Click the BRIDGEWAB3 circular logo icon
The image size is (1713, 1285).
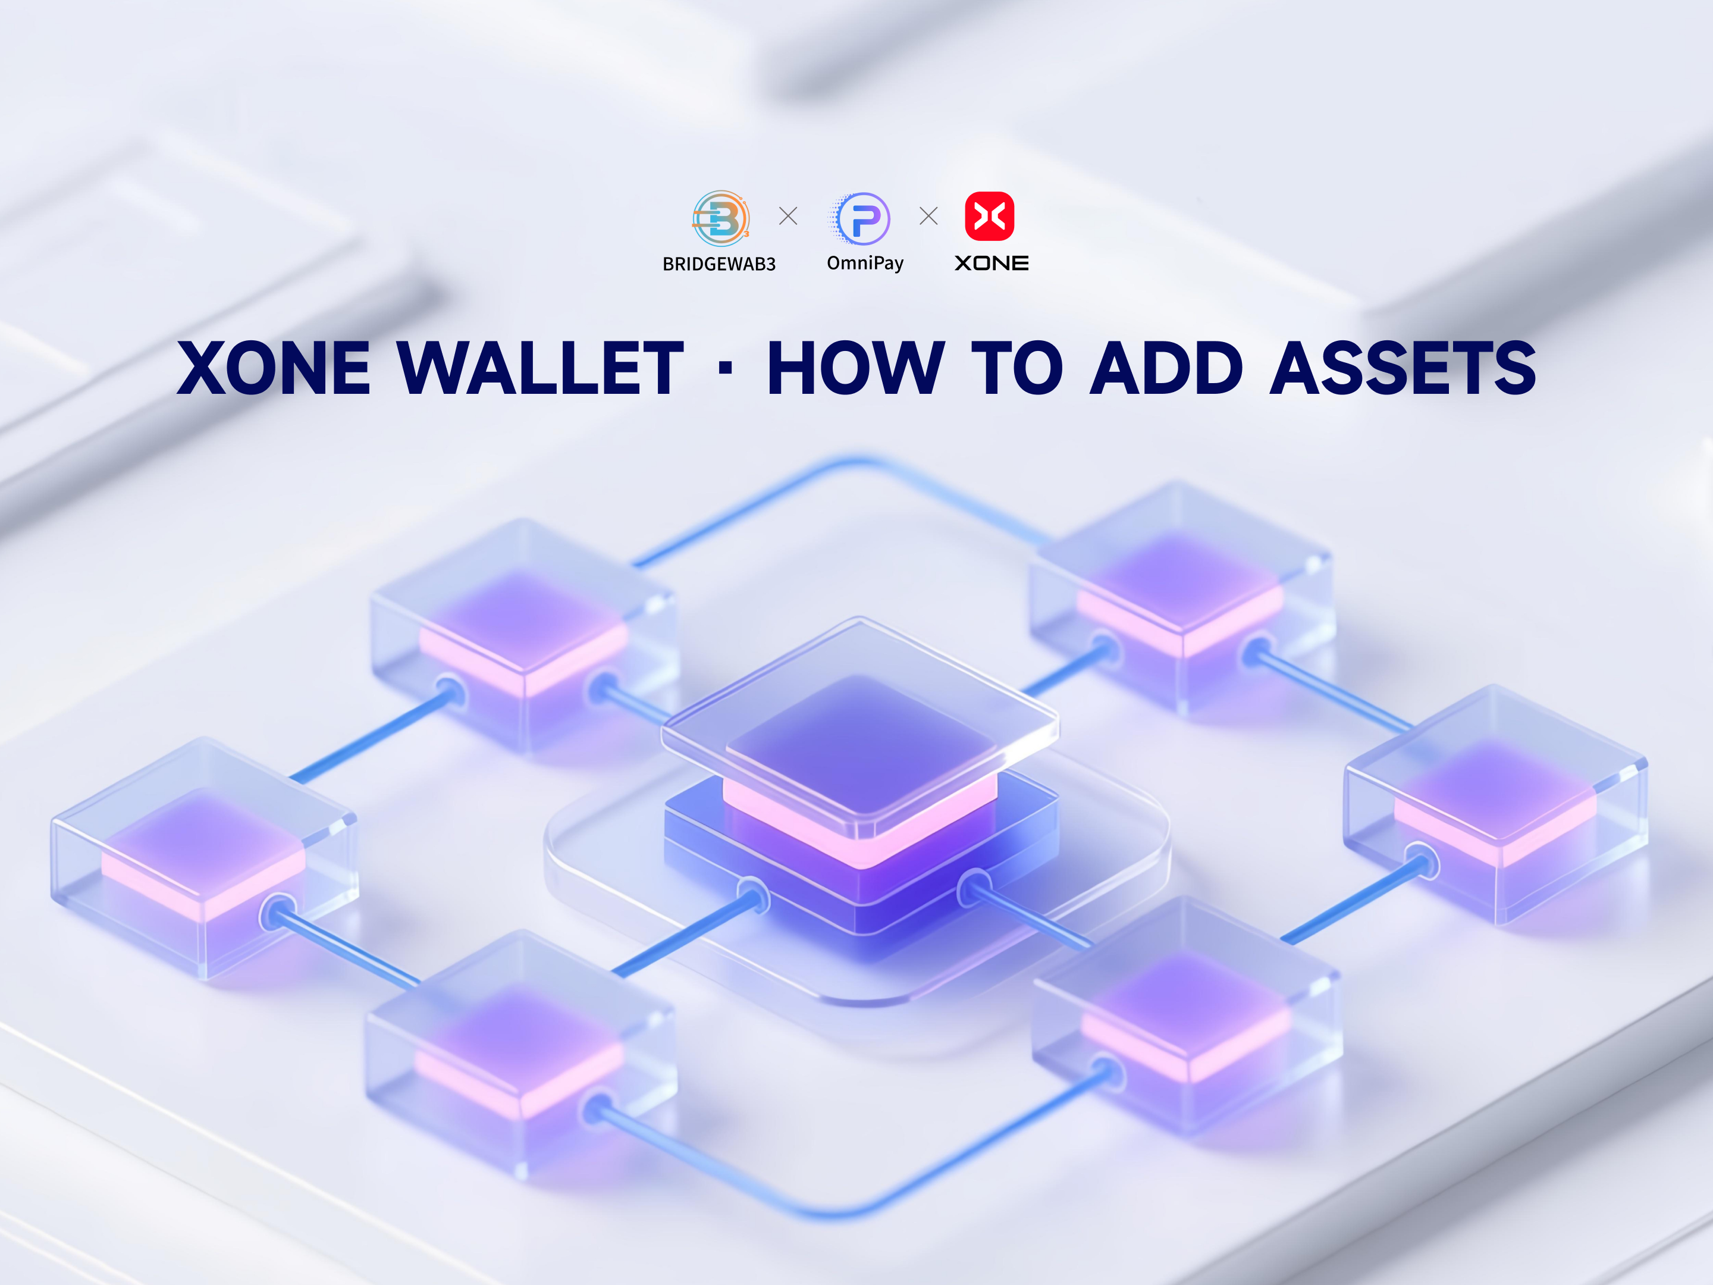click(x=720, y=218)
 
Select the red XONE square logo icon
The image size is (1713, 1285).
click(x=990, y=216)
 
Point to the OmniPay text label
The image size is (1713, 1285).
click(x=865, y=264)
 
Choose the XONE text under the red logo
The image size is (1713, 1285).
click(x=992, y=264)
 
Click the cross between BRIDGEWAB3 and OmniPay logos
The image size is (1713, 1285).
click(x=788, y=216)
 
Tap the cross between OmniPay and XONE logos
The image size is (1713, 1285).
click(x=928, y=216)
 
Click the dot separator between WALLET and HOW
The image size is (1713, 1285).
click(x=725, y=369)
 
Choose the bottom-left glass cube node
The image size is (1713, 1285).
click(x=521, y=1054)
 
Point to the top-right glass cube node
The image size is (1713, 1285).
click(x=1182, y=597)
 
